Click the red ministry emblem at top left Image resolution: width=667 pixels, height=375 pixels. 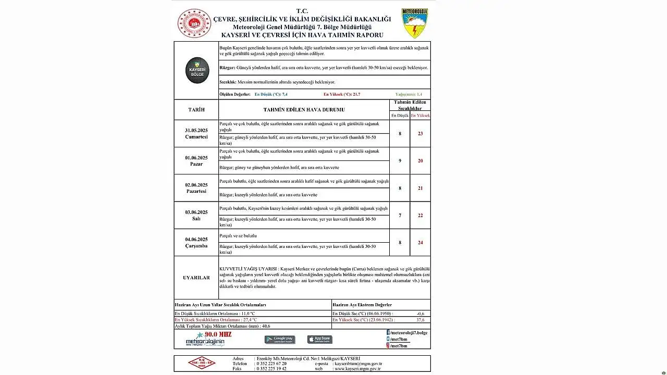click(194, 23)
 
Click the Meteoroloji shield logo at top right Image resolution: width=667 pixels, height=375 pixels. click(415, 23)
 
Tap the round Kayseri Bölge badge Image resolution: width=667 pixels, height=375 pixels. click(197, 70)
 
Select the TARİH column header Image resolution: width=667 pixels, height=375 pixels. click(196, 110)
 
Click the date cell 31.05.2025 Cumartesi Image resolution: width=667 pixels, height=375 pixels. click(196, 133)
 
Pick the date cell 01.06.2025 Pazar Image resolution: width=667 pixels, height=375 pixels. click(196, 160)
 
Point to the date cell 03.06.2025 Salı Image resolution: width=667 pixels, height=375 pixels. click(196, 215)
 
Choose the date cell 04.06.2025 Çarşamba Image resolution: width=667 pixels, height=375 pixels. click(196, 242)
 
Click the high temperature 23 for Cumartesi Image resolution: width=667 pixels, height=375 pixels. click(420, 134)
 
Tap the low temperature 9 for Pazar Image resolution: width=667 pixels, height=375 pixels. click(400, 161)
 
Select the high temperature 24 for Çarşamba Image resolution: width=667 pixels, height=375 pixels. click(420, 243)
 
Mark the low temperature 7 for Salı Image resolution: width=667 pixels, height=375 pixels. click(400, 216)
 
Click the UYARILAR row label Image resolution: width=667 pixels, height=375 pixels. click(196, 278)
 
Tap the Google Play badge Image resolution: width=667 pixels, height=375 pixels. click(280, 340)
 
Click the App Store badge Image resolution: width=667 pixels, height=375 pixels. click(319, 340)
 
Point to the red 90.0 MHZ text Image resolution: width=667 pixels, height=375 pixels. click(218, 334)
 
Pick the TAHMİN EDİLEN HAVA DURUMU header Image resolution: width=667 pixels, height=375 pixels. click(304, 110)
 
